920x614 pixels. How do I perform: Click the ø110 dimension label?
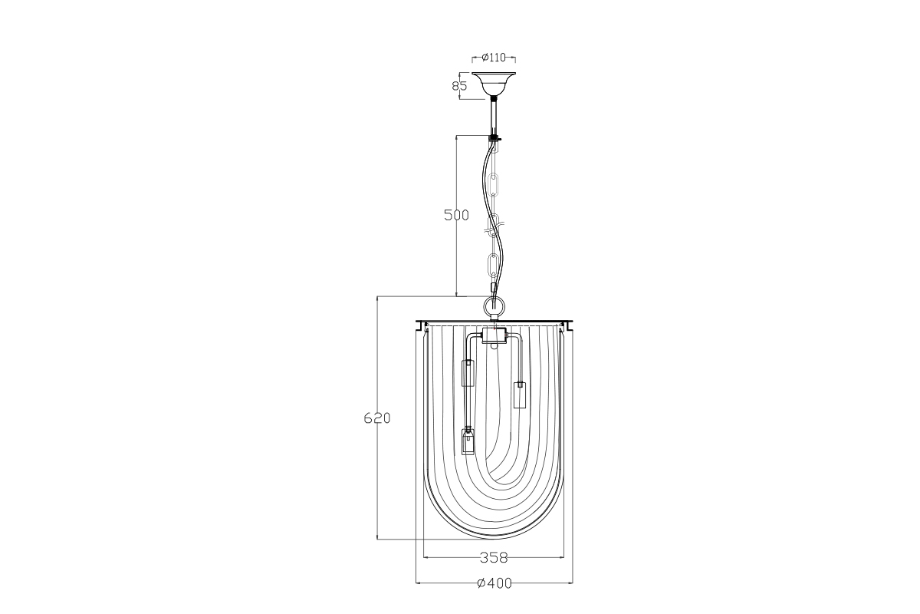(x=494, y=58)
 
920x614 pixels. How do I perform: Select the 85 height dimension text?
(x=460, y=86)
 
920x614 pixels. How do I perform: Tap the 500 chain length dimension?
(x=457, y=216)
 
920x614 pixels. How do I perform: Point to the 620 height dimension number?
(x=377, y=418)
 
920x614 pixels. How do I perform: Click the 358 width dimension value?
(x=494, y=557)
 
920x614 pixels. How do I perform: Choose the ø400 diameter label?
(x=494, y=583)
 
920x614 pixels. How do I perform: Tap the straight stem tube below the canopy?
(x=495, y=117)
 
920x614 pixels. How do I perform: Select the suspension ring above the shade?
(x=494, y=309)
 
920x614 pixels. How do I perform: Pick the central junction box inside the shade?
(x=495, y=335)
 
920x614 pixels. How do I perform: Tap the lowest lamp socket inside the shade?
(x=468, y=443)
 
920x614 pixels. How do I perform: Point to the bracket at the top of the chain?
(x=495, y=137)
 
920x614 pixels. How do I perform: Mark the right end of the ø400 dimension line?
(x=573, y=583)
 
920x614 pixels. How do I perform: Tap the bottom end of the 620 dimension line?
(x=377, y=539)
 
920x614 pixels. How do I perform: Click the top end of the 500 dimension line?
(x=457, y=137)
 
